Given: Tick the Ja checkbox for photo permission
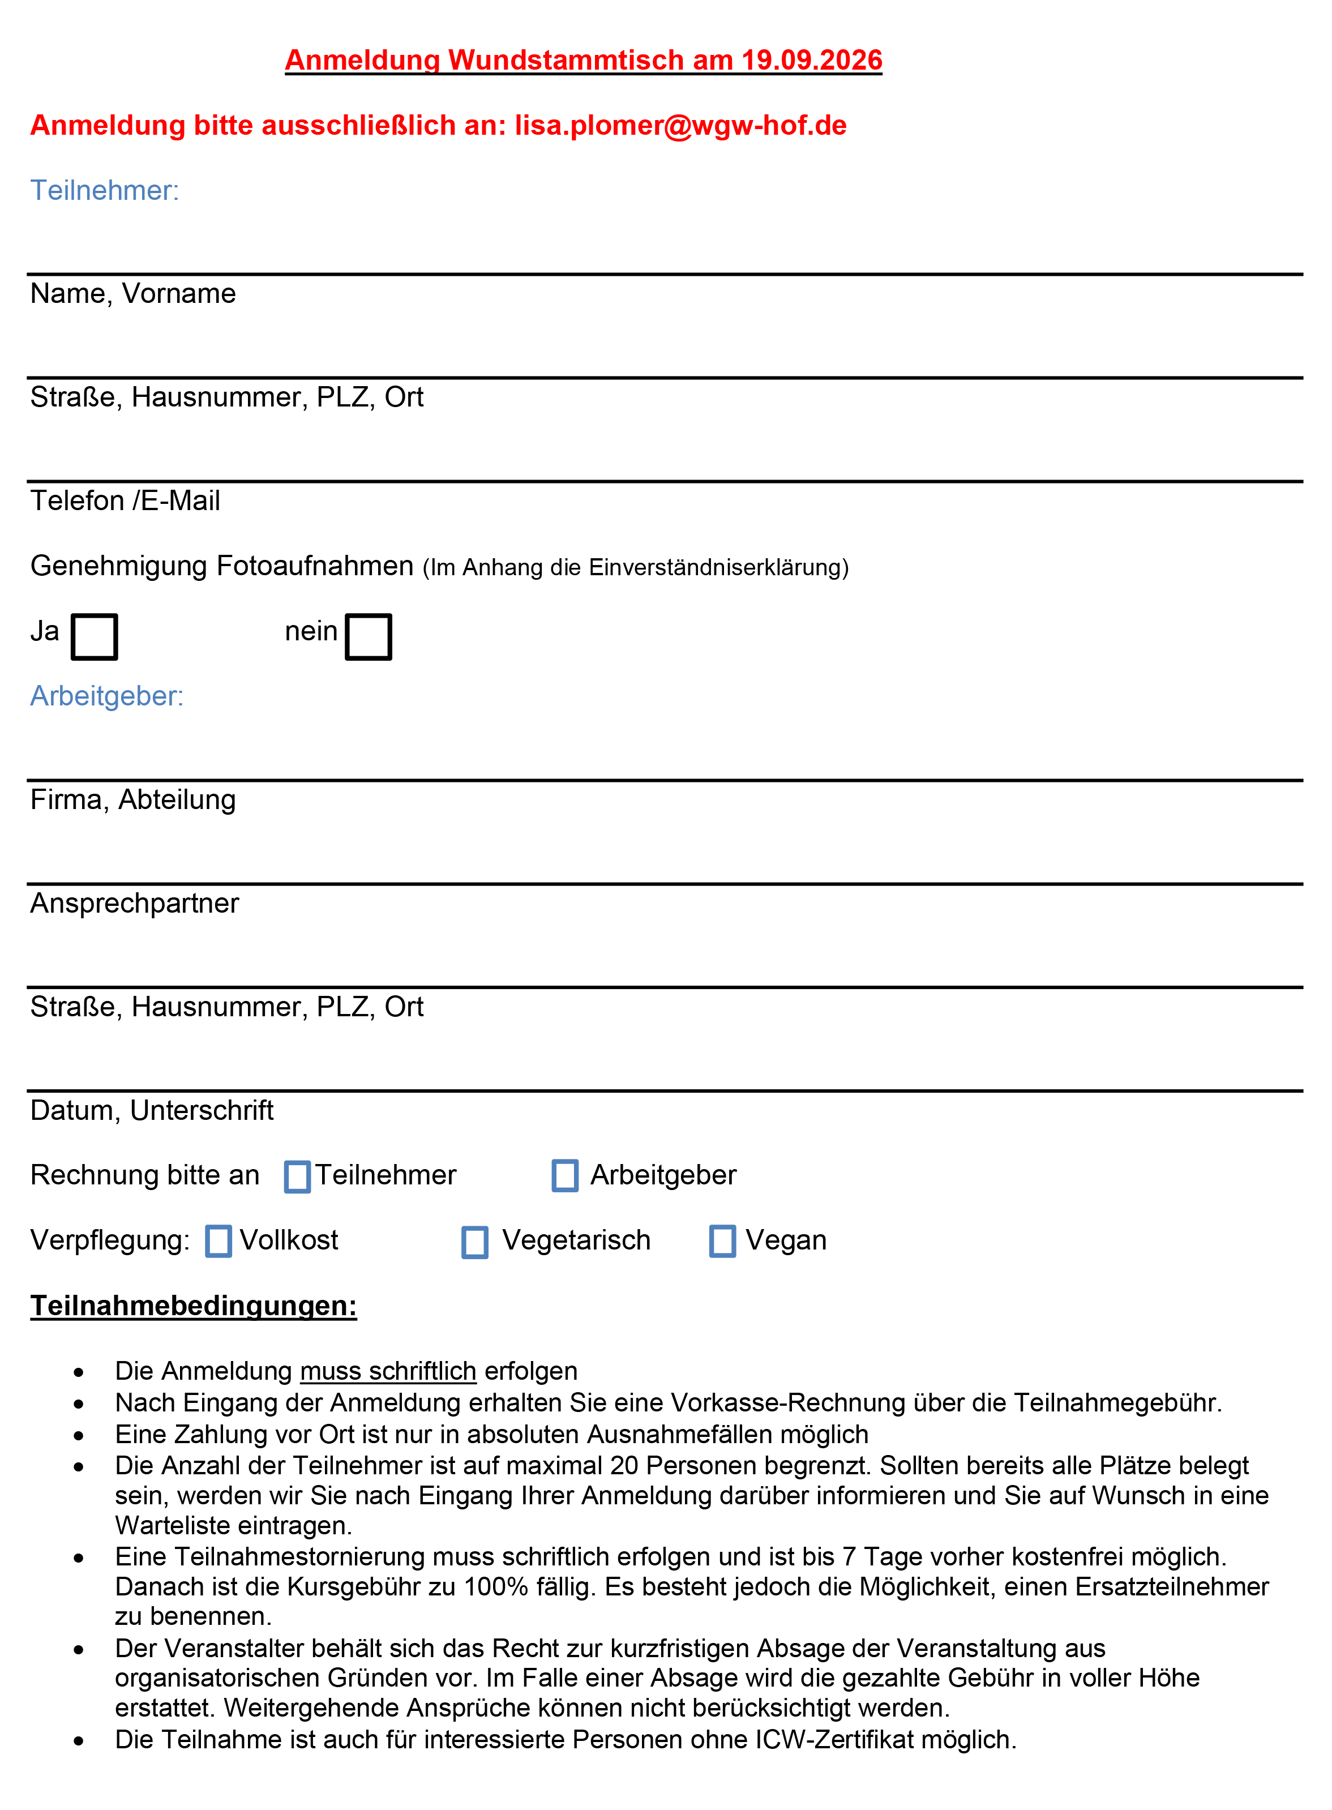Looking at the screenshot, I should pyautogui.click(x=95, y=637).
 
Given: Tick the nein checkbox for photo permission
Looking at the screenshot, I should pyautogui.click(x=369, y=637).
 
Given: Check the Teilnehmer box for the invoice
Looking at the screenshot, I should pyautogui.click(x=298, y=1176).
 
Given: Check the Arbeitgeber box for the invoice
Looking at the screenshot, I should pyautogui.click(x=565, y=1175).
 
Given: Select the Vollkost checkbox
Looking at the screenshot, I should pyautogui.click(x=219, y=1241).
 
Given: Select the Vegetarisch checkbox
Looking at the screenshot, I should pyautogui.click(x=475, y=1242).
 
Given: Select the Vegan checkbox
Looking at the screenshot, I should pyautogui.click(x=722, y=1241).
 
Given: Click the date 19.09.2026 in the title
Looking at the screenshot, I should pyautogui.click(x=812, y=61).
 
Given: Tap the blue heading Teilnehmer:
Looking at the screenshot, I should pyautogui.click(x=105, y=190).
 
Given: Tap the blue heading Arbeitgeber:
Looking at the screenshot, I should pyautogui.click(x=107, y=696).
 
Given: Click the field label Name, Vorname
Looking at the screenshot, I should pyautogui.click(x=133, y=293).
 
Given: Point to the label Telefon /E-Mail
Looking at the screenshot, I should pyautogui.click(x=125, y=500).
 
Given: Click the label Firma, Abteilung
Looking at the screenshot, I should pyautogui.click(x=133, y=800).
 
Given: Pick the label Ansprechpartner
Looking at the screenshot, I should pyautogui.click(x=135, y=903).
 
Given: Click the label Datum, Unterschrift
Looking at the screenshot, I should pyautogui.click(x=152, y=1110).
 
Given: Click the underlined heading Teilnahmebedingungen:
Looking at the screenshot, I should pyautogui.click(x=194, y=1306).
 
